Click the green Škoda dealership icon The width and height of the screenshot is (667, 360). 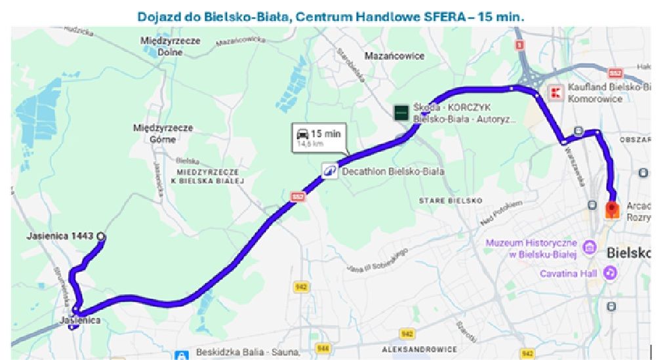coord(401,112)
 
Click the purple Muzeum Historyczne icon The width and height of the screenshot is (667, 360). coord(588,248)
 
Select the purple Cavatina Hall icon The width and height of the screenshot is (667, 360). coord(611,272)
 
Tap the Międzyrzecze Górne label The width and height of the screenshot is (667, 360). coord(163,133)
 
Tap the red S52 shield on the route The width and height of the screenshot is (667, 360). coord(298,195)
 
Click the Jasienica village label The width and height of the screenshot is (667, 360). coord(80,320)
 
